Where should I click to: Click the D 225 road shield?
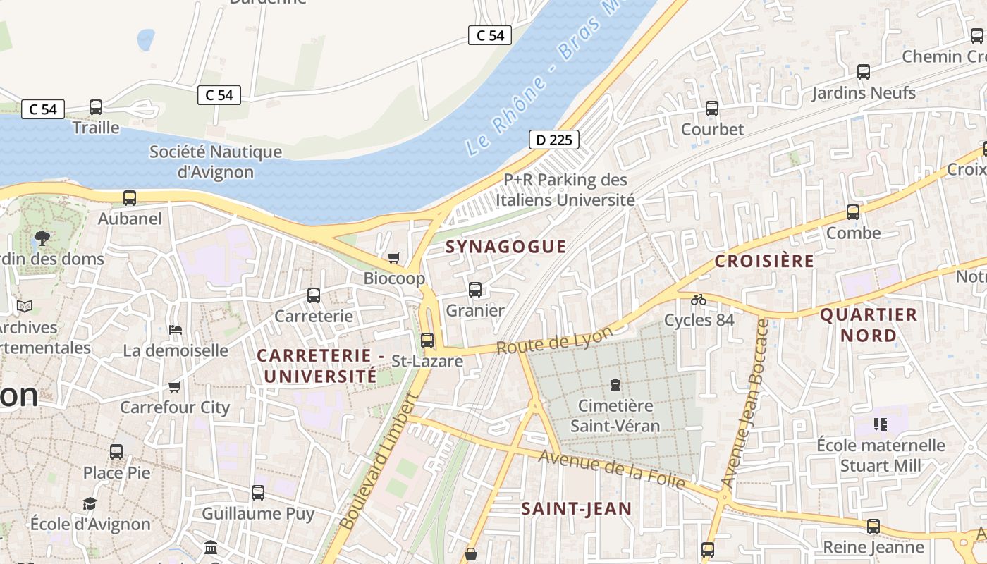[x=553, y=140]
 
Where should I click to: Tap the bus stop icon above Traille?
[x=96, y=107]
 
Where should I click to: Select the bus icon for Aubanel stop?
[x=130, y=198]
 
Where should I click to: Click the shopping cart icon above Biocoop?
[x=393, y=257]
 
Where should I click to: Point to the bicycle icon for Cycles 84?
[x=699, y=300]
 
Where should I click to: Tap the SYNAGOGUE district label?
[x=505, y=247]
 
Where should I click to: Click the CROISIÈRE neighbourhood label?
[x=764, y=261]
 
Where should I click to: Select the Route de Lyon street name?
[x=554, y=341]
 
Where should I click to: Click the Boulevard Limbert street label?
[x=379, y=461]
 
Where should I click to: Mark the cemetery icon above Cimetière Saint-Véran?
[x=615, y=385]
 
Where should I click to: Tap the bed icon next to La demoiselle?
[x=176, y=330]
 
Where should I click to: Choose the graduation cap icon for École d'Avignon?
[x=90, y=503]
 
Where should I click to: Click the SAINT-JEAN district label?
[x=577, y=509]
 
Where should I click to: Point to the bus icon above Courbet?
[x=712, y=109]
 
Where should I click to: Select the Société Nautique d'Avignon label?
[x=215, y=161]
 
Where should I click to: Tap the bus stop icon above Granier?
[x=475, y=289]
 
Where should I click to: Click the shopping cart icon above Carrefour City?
[x=175, y=386]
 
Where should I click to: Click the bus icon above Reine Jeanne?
[x=873, y=526]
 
